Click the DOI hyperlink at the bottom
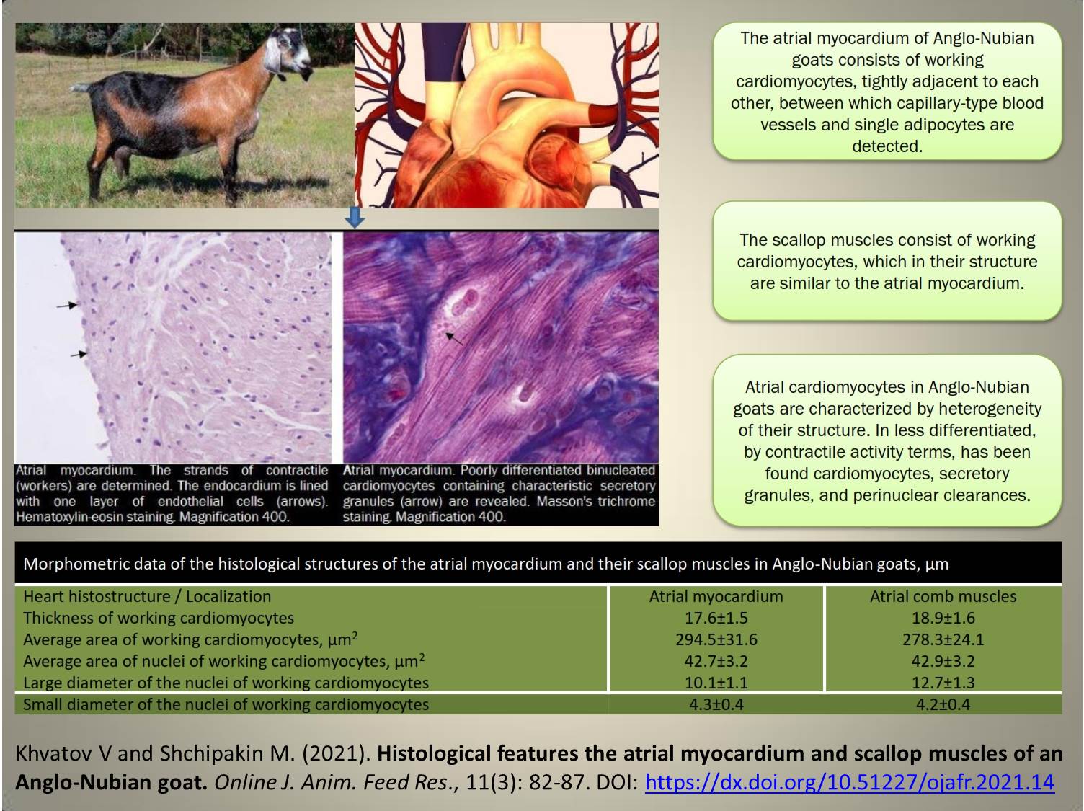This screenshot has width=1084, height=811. (x=850, y=782)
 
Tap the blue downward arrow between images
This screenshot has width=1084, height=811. (x=355, y=217)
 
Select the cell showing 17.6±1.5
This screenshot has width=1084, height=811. (x=716, y=618)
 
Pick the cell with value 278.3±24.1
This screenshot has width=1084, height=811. (x=943, y=639)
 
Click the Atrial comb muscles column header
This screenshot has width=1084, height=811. (x=943, y=596)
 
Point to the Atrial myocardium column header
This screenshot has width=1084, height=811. (x=716, y=596)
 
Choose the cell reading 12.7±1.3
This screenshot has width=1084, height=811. (x=943, y=683)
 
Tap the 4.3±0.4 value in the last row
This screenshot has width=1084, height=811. (x=716, y=704)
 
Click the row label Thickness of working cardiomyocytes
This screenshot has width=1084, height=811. (x=159, y=618)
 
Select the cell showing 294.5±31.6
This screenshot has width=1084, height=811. (x=716, y=639)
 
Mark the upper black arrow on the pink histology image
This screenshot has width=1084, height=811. (x=67, y=306)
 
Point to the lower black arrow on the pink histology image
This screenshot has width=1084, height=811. (x=79, y=354)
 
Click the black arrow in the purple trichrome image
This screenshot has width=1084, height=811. (x=454, y=338)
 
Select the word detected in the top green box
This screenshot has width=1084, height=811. (x=887, y=146)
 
